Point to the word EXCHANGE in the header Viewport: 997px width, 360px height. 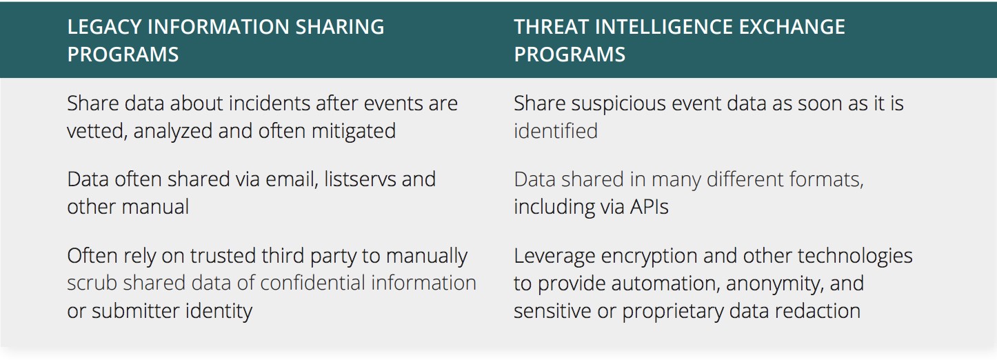[x=794, y=27]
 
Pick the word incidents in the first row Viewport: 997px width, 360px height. [x=265, y=103]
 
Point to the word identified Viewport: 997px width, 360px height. [x=555, y=130]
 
